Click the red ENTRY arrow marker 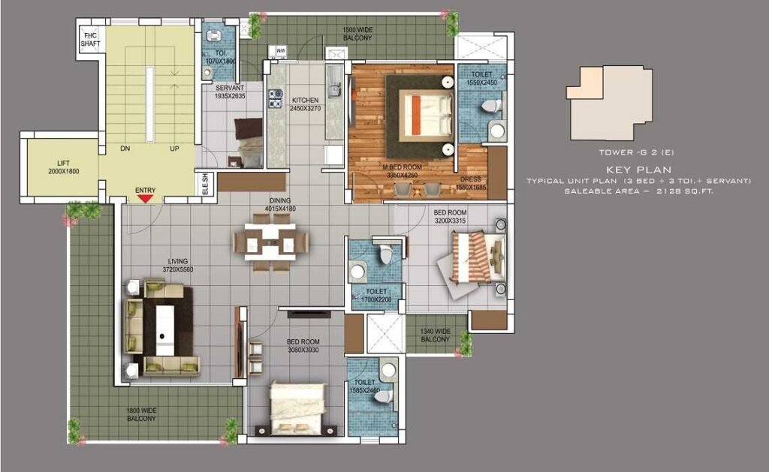tap(145, 197)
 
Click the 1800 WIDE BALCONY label tap(140, 414)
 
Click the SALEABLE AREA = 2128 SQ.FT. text tap(638, 191)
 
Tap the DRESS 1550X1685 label tap(472, 182)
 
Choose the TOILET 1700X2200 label tap(376, 295)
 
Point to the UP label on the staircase tap(174, 149)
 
